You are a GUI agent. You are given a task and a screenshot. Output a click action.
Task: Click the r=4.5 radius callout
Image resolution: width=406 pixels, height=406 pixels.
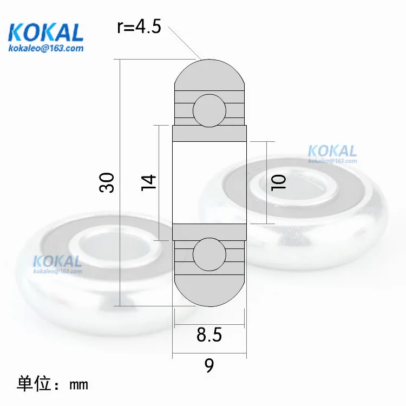139,27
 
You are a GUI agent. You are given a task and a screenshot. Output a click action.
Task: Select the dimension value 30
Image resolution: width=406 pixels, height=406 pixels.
107,182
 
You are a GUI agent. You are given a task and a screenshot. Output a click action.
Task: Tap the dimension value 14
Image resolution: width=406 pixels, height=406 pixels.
149,183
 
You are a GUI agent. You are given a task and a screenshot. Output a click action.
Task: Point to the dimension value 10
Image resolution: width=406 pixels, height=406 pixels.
278,183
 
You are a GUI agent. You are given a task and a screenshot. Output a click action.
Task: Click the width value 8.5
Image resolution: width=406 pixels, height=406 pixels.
209,335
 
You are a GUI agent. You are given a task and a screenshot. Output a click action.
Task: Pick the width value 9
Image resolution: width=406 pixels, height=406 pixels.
209,365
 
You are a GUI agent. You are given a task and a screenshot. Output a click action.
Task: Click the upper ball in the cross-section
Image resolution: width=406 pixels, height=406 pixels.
209,110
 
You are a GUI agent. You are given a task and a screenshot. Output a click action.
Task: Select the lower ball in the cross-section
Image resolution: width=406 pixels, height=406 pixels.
209,254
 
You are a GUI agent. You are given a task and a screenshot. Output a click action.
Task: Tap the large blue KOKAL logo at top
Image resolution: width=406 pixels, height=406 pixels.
45,32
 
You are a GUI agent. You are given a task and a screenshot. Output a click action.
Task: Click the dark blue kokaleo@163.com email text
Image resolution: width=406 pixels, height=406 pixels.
46,48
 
